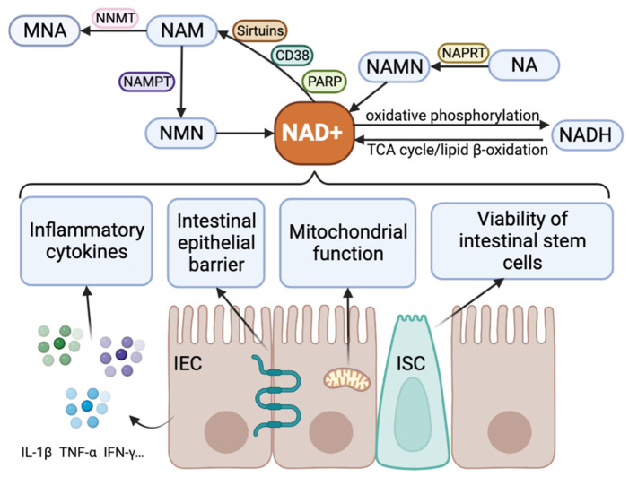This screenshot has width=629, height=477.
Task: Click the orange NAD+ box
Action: pos(314,133)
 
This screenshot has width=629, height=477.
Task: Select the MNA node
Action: pos(45,30)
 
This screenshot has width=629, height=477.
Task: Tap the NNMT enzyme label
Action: pos(115,18)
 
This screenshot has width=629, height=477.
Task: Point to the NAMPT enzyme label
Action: pos(147,82)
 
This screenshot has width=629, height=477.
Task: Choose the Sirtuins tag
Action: pos(260,30)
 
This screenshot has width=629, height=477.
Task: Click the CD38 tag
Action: pos(292,55)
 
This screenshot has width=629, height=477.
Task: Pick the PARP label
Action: pos(324,82)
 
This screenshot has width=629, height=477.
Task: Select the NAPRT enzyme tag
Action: pos(463,53)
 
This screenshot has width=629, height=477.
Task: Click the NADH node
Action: pos(585,135)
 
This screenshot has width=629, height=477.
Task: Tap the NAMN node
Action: pos(394,66)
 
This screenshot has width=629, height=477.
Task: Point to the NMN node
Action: pos(181,133)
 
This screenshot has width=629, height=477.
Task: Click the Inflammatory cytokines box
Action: pos(86,241)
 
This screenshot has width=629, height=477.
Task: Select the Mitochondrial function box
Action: pos(348,242)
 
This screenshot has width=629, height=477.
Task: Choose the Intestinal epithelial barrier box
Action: pos(216,242)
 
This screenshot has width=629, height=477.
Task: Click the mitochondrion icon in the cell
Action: pos(346,380)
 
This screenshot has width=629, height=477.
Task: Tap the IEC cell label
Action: pos(188,363)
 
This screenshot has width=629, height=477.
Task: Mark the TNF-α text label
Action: pos(78,453)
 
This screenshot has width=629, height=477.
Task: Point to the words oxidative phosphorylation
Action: pos(452,116)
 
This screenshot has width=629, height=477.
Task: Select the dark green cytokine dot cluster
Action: pos(60,344)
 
